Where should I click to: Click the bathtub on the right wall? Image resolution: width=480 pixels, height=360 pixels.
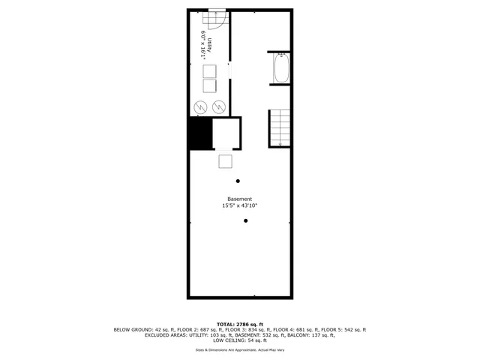coord(281,68)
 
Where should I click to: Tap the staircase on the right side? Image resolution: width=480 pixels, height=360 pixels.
coord(279,128)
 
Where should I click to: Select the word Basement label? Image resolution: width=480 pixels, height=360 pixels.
coord(240,199)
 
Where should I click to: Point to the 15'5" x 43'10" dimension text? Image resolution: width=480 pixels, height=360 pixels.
coord(240,205)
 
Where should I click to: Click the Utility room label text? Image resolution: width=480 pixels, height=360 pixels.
coord(211,45)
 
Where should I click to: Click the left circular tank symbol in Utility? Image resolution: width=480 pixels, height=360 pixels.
coord(200,106)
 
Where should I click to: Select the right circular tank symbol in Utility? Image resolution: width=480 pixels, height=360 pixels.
coord(218,106)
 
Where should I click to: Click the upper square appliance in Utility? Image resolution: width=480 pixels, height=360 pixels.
coord(210,70)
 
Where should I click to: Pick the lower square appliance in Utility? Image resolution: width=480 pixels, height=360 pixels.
coord(210,85)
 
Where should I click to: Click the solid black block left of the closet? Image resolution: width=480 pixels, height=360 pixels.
coord(199,134)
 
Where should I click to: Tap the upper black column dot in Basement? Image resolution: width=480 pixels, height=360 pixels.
coord(238,181)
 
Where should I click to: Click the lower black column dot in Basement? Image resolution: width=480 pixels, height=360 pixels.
coord(245,220)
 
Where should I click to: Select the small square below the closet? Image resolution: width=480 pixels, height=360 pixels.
coord(226,161)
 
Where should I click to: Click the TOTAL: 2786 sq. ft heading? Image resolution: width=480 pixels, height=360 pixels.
coord(239,323)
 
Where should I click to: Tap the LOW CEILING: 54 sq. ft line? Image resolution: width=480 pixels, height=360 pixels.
coord(240,341)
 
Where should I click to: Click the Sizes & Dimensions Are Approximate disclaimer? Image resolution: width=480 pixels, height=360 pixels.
coord(240,349)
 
